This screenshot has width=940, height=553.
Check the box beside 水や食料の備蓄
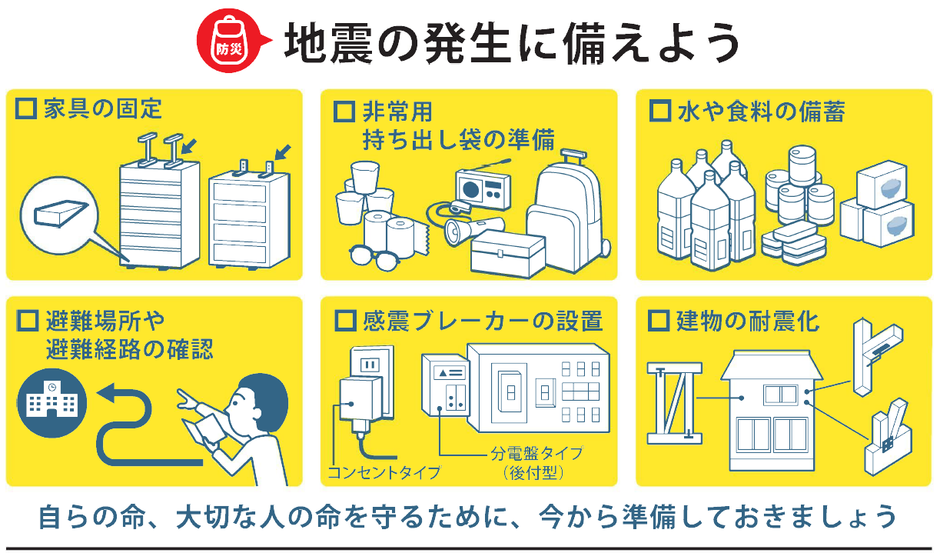pos(659,111)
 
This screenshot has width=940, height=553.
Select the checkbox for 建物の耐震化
pos(659,319)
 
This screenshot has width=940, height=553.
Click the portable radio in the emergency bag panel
pos(483,185)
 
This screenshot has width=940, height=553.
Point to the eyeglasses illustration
pos(374,256)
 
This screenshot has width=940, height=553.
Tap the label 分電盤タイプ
pos(536,452)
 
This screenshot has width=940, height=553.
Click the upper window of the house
pos(780,395)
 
